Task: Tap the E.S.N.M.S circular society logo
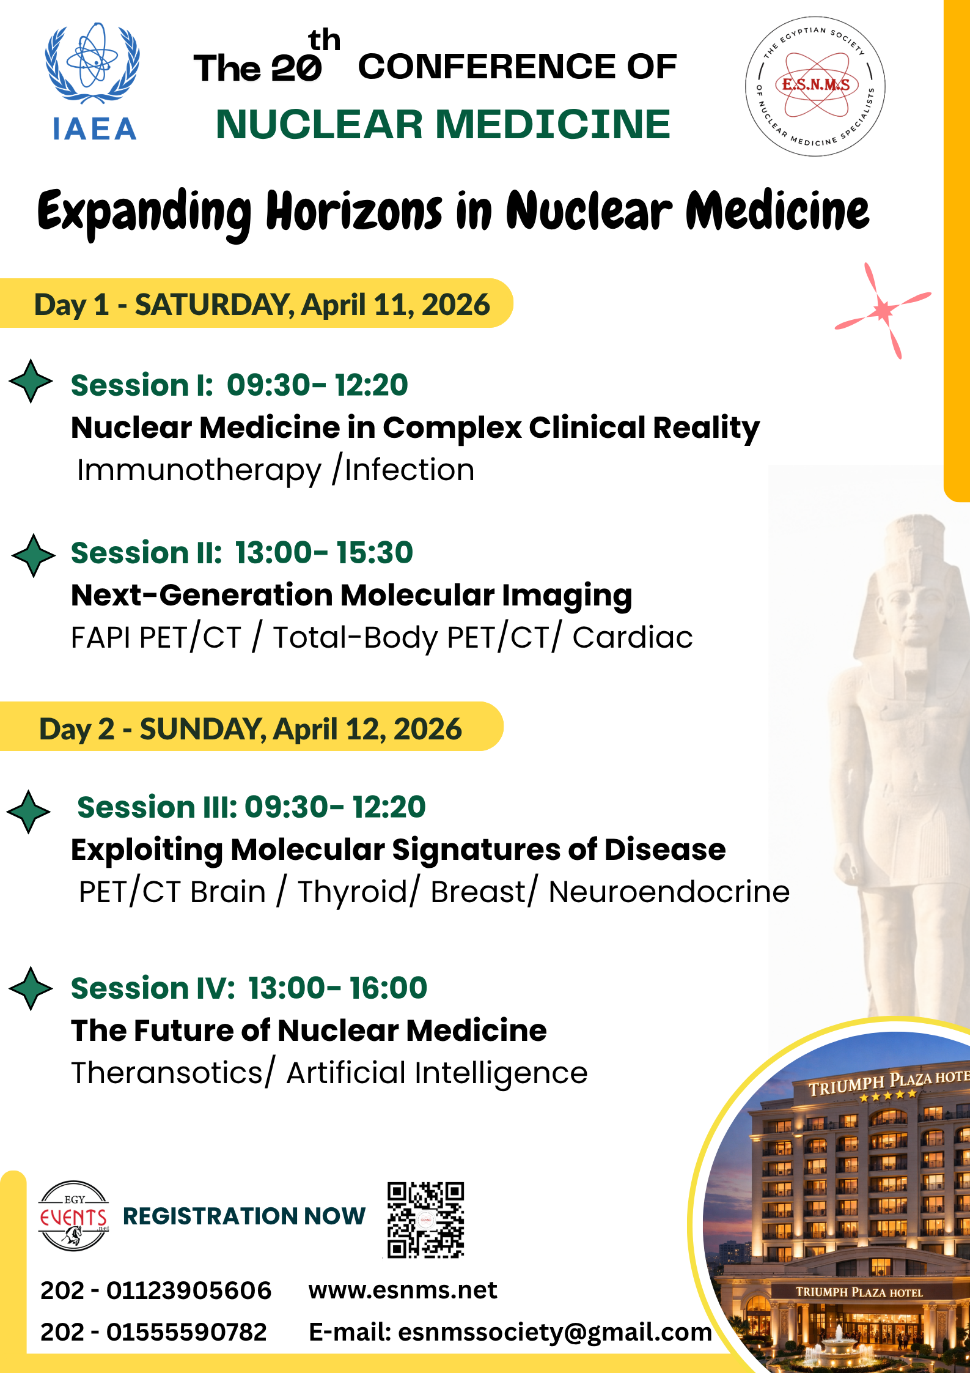click(x=815, y=86)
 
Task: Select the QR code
click(x=425, y=1219)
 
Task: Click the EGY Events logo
click(x=74, y=1216)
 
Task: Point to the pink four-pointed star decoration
click(x=883, y=311)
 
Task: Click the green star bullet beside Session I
click(x=31, y=381)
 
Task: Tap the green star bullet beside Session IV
click(x=31, y=988)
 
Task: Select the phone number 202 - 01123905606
click(x=156, y=1290)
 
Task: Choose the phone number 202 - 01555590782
click(x=153, y=1332)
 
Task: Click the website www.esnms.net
click(x=403, y=1290)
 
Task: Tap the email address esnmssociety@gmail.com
click(x=555, y=1332)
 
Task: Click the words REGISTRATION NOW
click(x=244, y=1216)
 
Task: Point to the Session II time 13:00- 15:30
click(x=324, y=552)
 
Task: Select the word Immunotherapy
click(x=199, y=471)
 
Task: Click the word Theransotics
click(x=167, y=1073)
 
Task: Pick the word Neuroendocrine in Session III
click(x=669, y=892)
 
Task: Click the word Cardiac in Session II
click(x=633, y=637)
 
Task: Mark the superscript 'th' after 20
click(x=325, y=40)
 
